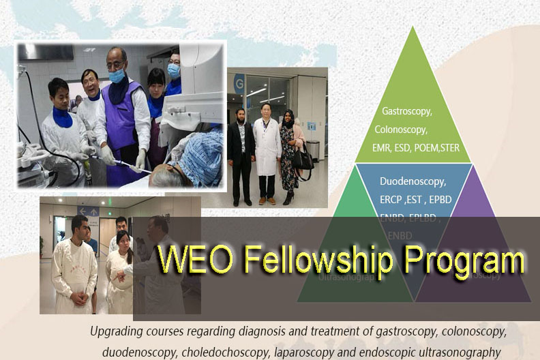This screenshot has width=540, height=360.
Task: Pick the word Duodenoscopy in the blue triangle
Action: tap(413, 182)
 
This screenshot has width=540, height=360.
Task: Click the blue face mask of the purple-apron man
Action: tap(117, 76)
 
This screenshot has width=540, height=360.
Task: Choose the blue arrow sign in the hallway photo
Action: tap(89, 212)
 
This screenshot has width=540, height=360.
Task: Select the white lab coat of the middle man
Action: tap(267, 147)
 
